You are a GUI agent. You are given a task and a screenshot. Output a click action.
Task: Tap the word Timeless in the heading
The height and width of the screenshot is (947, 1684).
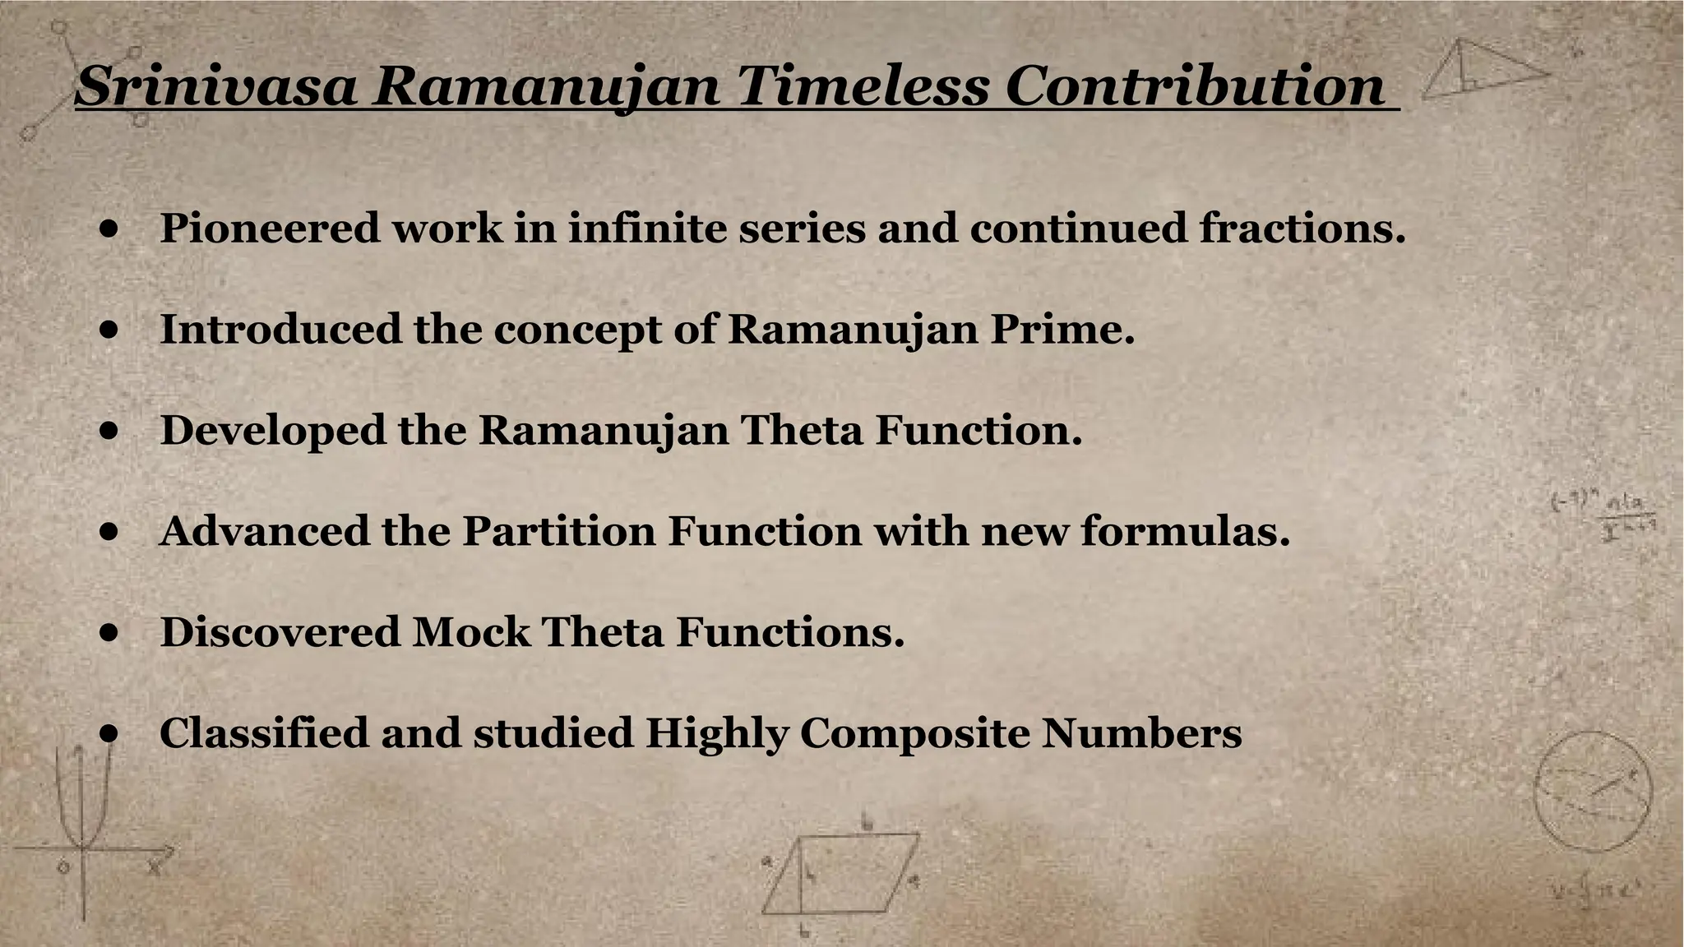point(863,86)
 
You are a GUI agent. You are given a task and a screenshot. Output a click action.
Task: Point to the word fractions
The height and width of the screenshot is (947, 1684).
point(1302,228)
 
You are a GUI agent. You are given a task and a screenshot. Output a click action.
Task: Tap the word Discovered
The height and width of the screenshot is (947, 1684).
point(280,632)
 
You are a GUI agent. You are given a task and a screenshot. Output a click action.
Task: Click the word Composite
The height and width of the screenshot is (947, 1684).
point(914,733)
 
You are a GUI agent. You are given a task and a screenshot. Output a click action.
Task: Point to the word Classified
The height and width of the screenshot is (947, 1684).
point(263,733)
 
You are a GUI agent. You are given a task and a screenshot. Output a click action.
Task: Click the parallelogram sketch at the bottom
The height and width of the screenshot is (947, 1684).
point(839,875)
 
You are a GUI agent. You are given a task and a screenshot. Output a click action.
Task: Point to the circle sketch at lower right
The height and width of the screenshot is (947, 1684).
point(1593,791)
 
